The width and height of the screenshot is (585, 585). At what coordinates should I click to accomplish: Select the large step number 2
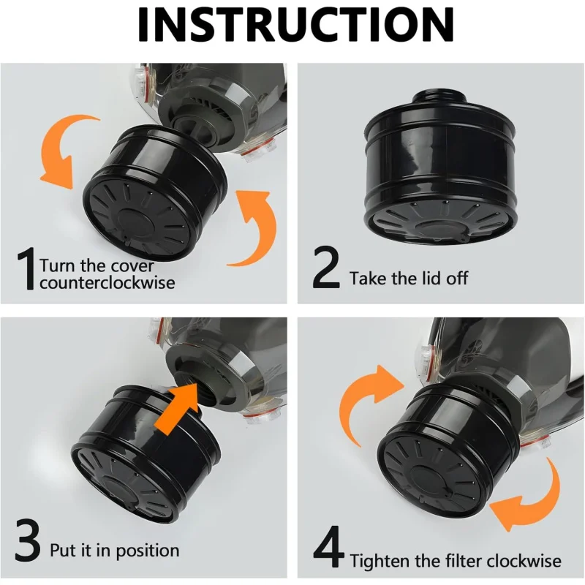point(325,268)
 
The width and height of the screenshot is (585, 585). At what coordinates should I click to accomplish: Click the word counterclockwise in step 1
point(107,282)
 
